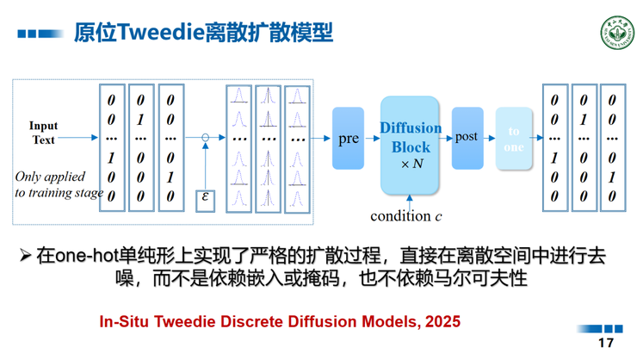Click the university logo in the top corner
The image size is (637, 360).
coord(615,34)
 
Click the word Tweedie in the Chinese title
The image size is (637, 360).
coord(160,34)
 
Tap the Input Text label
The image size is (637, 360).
coord(43,133)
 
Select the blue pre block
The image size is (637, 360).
coord(348,138)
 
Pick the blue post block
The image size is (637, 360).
coord(467,137)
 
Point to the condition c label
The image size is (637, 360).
coord(405,215)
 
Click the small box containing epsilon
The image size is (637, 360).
coord(205,198)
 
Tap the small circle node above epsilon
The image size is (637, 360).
coord(205,138)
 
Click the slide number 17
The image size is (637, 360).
coord(606,342)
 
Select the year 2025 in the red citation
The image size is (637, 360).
coord(442,321)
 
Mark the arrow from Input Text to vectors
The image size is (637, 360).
coord(79,138)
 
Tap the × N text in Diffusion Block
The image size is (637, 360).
coord(411,164)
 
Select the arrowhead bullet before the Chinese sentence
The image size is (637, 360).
coord(26,257)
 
